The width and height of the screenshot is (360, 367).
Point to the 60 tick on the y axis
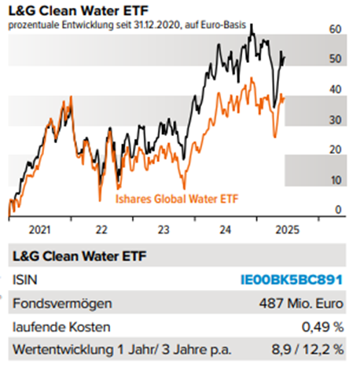(336, 29)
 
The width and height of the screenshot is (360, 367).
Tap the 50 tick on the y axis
(336, 59)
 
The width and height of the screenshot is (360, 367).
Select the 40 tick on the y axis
(336, 90)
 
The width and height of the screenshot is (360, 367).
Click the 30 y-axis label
(336, 119)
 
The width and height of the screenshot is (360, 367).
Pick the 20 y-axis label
(336, 149)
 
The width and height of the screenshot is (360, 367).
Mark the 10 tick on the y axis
(336, 180)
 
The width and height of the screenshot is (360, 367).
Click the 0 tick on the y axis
(338, 210)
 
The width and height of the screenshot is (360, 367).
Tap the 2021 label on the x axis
(39, 231)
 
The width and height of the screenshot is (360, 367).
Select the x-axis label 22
(101, 231)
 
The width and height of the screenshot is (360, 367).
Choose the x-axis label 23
(163, 231)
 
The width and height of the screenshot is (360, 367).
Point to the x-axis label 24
(225, 231)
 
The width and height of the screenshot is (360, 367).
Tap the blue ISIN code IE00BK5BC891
(292, 280)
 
